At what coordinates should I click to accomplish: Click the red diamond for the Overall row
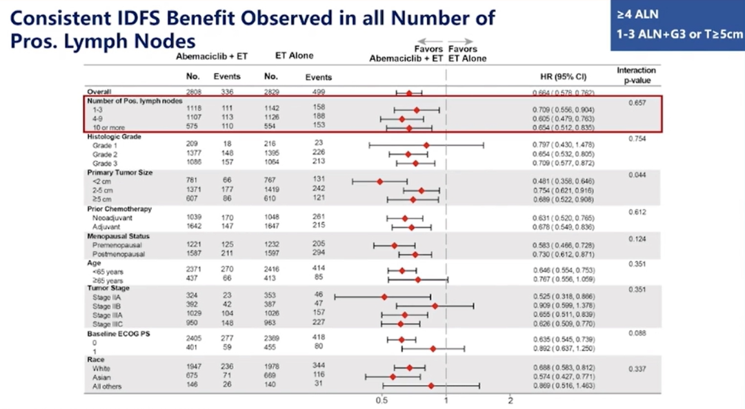click(409, 92)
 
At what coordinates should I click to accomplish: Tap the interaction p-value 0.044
click(636, 175)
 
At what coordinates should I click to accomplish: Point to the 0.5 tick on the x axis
click(381, 400)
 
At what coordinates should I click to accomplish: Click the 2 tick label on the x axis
click(510, 400)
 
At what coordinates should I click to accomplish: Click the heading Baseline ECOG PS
click(119, 333)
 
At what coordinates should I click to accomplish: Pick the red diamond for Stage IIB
click(435, 306)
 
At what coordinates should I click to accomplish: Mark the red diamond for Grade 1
click(426, 145)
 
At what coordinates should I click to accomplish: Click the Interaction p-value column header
click(636, 74)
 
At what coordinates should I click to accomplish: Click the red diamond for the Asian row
click(393, 377)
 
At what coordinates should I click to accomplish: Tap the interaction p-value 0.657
click(636, 102)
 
